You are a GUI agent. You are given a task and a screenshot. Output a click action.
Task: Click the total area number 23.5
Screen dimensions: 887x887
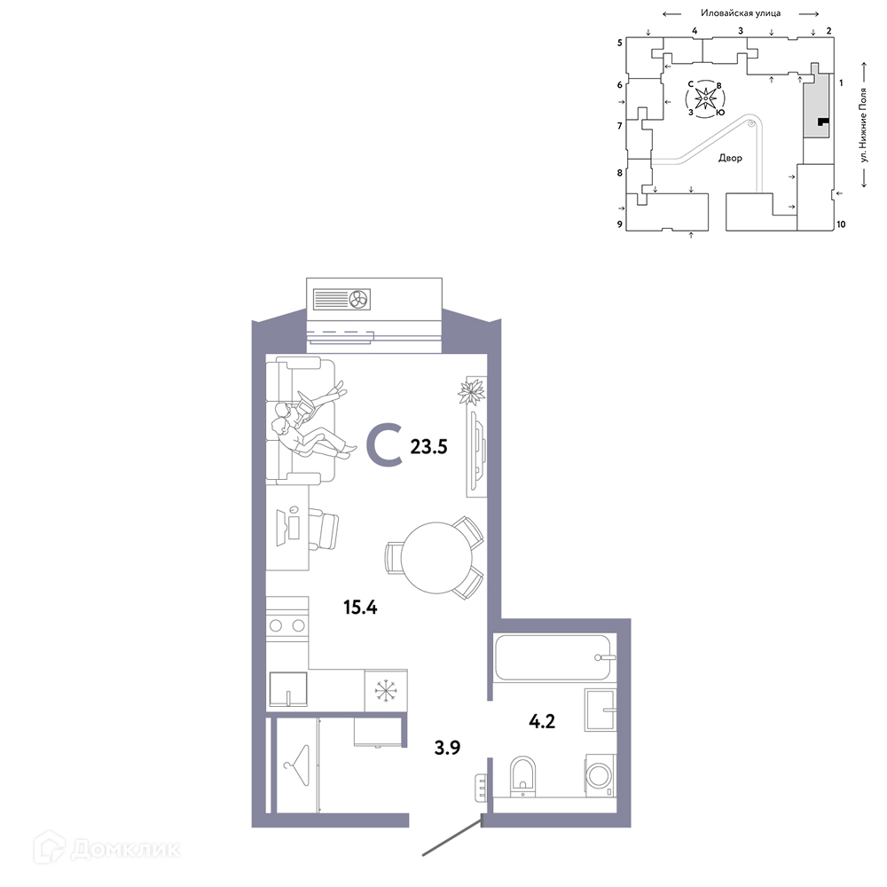428,447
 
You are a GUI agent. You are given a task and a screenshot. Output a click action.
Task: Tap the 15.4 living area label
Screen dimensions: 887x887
360,608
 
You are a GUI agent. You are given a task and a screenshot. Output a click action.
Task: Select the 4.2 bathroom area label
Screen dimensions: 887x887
542,721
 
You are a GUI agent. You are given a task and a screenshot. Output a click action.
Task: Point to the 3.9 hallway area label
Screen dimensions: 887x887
447,748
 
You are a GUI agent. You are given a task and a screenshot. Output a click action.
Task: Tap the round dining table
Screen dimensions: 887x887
436,557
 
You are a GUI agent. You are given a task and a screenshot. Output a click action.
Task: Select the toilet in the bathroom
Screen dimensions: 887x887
522,775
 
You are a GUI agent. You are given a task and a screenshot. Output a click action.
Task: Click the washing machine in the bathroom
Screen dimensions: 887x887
600,774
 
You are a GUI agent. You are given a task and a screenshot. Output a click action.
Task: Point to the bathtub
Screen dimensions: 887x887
553,657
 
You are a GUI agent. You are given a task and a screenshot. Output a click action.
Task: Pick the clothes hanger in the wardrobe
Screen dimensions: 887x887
297,765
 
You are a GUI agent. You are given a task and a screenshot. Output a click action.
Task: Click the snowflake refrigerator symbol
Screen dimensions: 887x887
386,691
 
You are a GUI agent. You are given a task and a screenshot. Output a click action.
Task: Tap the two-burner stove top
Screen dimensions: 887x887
287,625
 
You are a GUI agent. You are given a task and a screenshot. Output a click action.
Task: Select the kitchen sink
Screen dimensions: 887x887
288,689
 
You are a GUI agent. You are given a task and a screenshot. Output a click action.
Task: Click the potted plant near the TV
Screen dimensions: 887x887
471,392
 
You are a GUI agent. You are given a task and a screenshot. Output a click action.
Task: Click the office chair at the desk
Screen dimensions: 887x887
323,530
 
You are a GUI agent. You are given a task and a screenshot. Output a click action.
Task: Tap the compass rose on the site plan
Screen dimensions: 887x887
705,98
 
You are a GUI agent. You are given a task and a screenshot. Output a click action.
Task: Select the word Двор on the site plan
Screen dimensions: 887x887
730,158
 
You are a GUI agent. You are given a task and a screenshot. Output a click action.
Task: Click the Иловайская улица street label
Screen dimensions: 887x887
741,13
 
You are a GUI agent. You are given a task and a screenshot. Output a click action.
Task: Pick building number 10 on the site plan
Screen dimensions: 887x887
841,224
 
